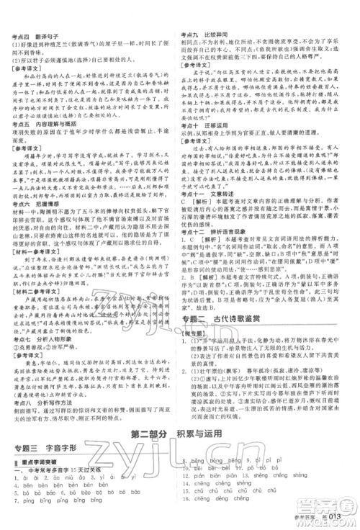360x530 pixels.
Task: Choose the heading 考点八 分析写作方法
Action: tap(40, 405)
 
